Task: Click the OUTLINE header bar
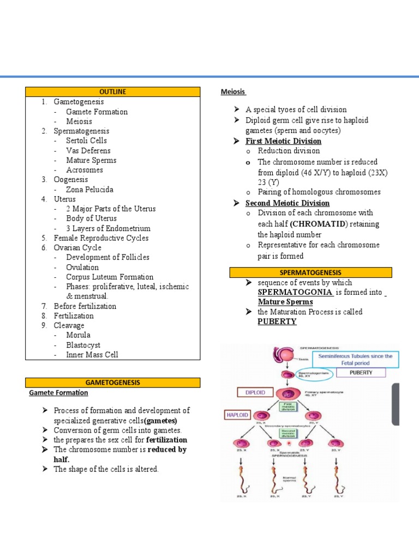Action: [113, 92]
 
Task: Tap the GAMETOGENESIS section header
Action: [113, 383]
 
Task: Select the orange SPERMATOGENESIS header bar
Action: [310, 272]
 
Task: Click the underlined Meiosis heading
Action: [233, 92]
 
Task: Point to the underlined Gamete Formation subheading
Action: [58, 392]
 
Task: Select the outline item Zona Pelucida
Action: [89, 189]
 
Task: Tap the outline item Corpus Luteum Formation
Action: [110, 277]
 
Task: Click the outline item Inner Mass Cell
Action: [92, 355]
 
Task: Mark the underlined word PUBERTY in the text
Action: [277, 322]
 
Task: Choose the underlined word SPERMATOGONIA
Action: [295, 293]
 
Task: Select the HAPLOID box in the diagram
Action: [237, 415]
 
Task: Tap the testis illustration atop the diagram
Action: [284, 355]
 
